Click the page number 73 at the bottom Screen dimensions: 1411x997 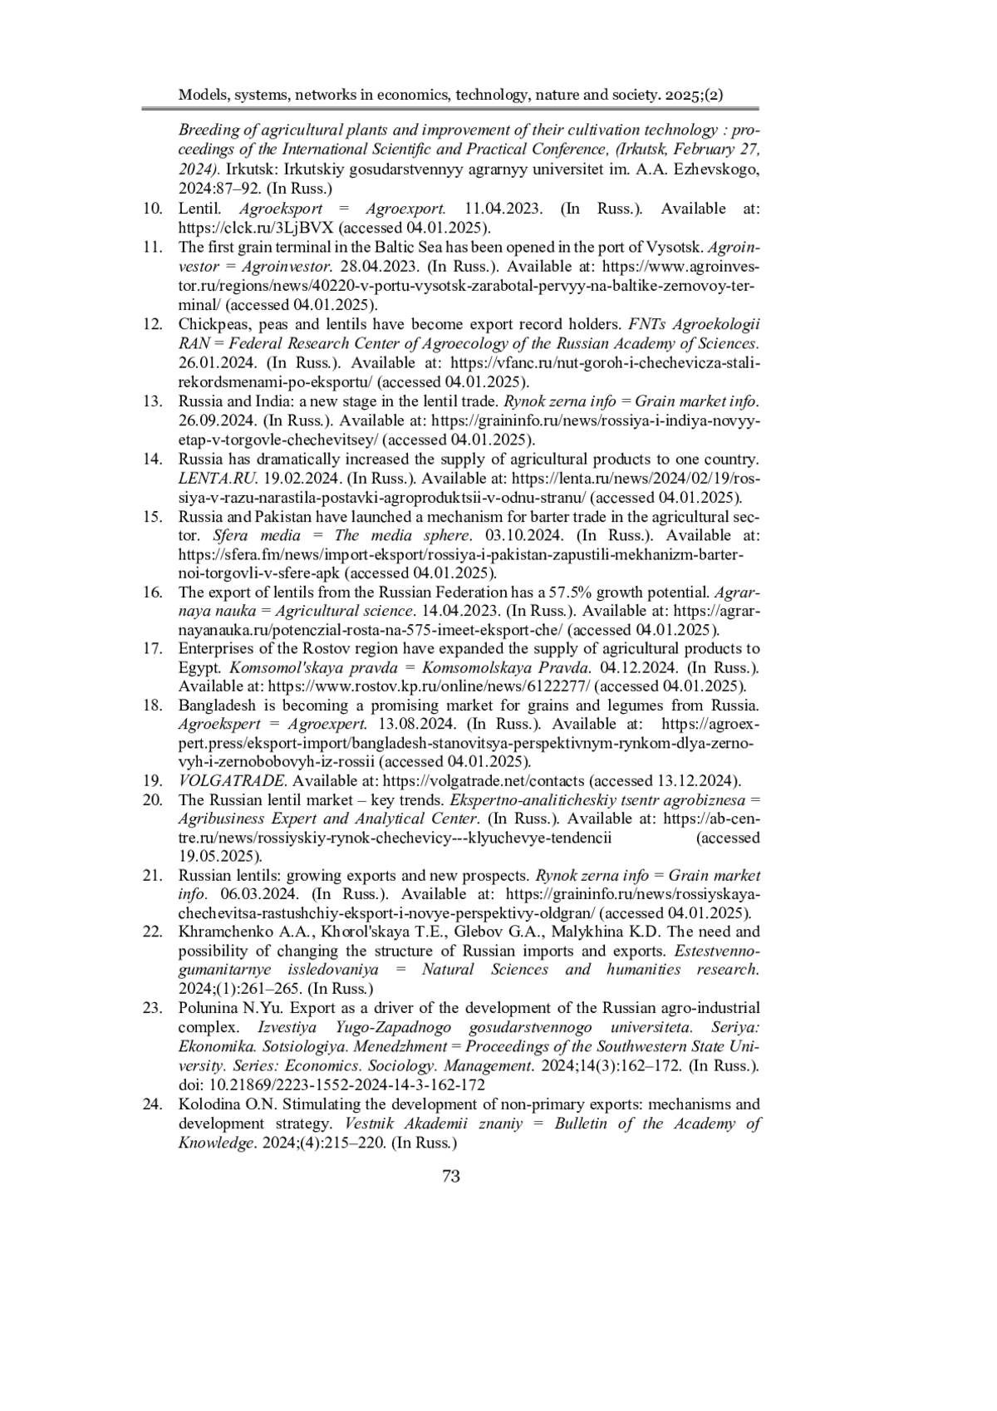click(x=451, y=1175)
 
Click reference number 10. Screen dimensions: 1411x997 click(x=152, y=209)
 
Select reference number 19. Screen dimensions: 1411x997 click(x=152, y=780)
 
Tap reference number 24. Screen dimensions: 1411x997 click(x=152, y=1104)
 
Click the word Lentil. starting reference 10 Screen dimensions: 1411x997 click(x=198, y=209)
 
